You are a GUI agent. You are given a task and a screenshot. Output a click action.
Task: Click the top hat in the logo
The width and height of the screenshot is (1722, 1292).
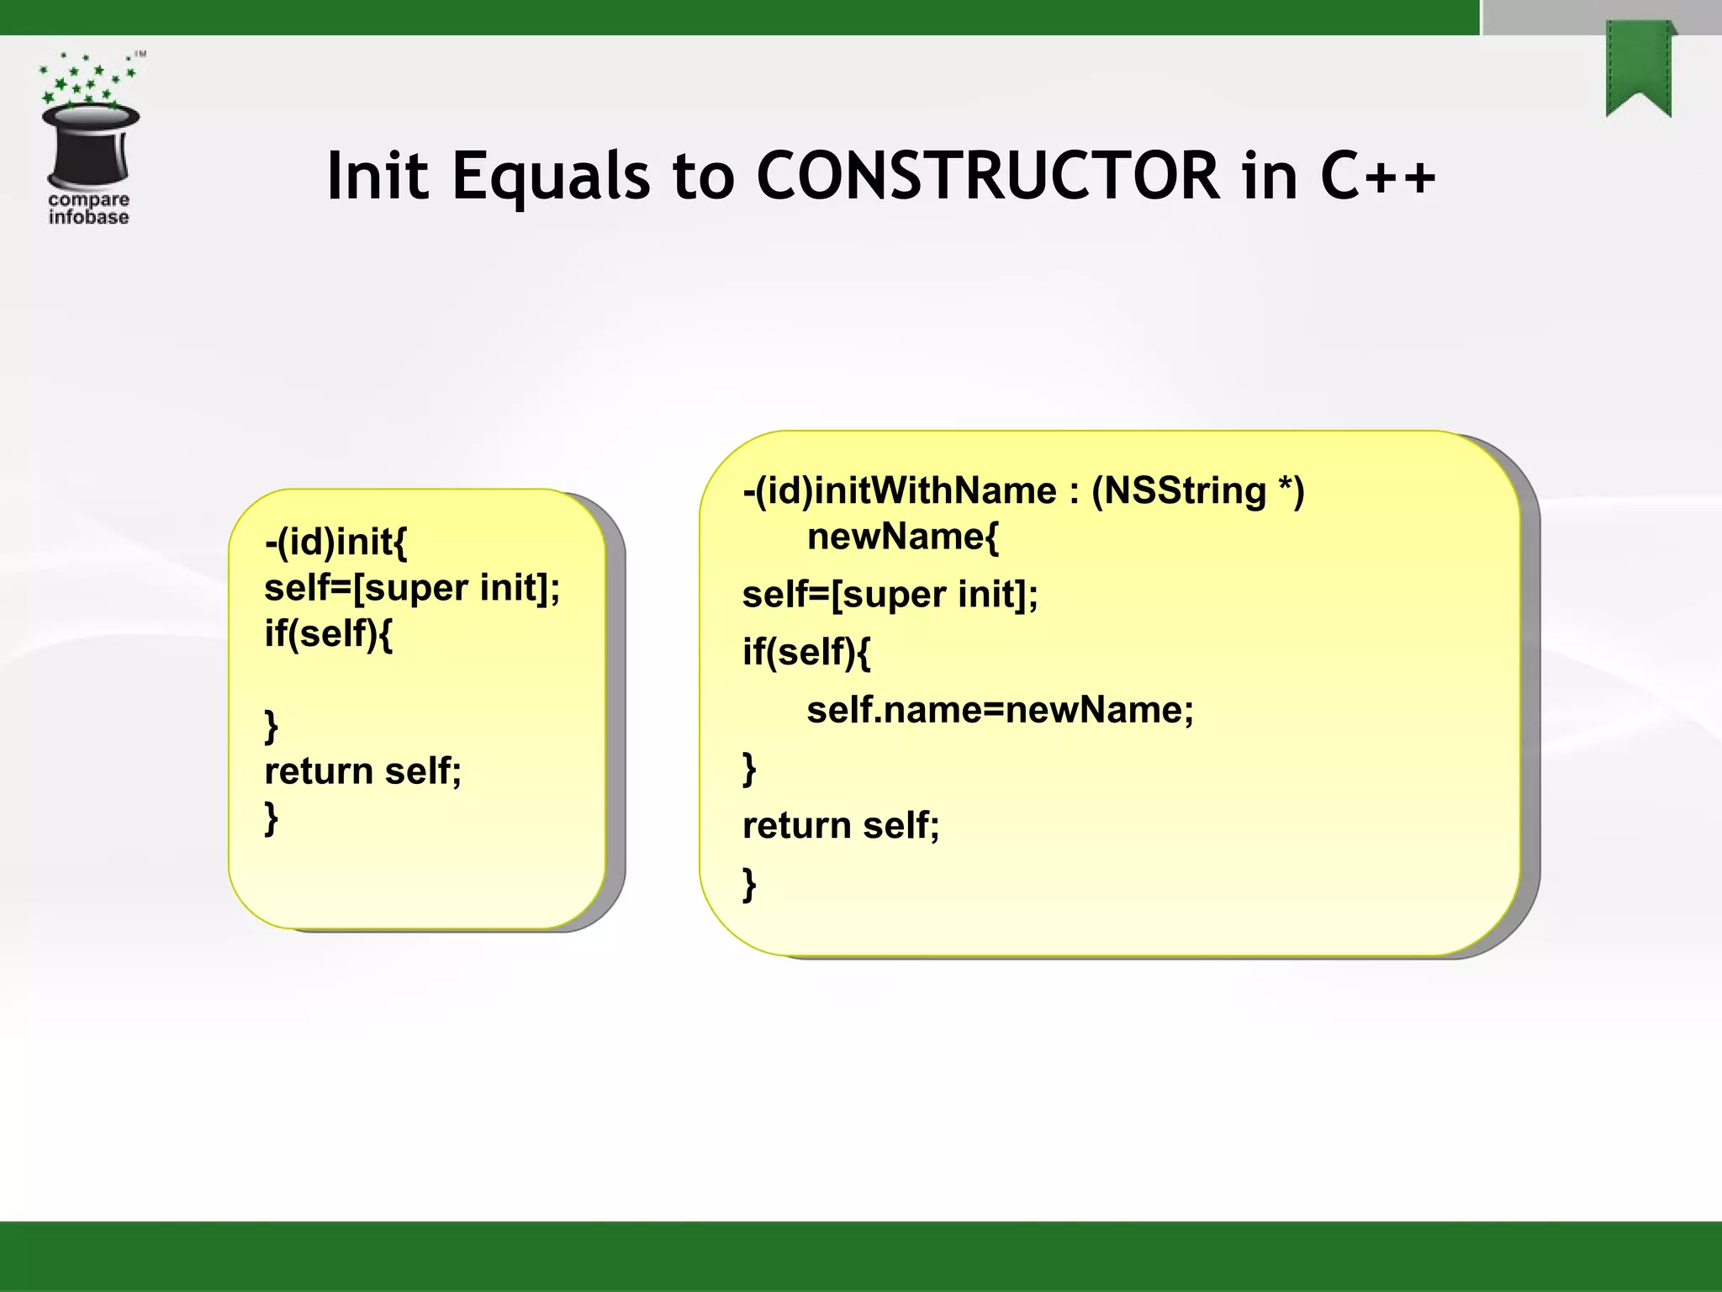click(x=90, y=143)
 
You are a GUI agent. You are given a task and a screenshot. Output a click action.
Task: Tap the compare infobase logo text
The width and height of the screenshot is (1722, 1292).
click(x=88, y=209)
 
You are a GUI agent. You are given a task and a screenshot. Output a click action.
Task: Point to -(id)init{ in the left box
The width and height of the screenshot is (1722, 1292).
click(x=335, y=541)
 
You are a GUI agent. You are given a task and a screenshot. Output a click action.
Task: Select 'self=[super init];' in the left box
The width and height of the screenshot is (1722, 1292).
click(x=412, y=587)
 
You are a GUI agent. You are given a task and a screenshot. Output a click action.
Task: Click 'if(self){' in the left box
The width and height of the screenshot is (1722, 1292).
click(x=328, y=633)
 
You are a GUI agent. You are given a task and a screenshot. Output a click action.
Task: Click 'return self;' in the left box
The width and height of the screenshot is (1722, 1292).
click(x=362, y=770)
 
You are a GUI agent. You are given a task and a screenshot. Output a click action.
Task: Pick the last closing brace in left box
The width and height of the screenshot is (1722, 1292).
click(x=271, y=817)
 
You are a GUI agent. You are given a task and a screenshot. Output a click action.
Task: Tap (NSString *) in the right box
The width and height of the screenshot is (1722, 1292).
click(x=1197, y=490)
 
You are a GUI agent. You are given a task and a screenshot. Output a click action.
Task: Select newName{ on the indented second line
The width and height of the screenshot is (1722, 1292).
click(x=902, y=536)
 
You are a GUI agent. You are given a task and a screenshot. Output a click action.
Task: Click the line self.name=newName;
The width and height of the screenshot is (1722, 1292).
click(x=1000, y=710)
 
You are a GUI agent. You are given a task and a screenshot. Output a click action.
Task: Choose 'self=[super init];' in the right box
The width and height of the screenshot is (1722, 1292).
click(x=890, y=595)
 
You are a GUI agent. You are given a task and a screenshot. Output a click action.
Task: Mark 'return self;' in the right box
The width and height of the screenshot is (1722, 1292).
click(x=841, y=825)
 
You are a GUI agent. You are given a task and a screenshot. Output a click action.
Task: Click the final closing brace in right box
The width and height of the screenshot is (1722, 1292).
click(x=749, y=883)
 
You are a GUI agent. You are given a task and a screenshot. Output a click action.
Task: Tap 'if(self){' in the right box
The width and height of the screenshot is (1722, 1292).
click(x=806, y=652)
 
